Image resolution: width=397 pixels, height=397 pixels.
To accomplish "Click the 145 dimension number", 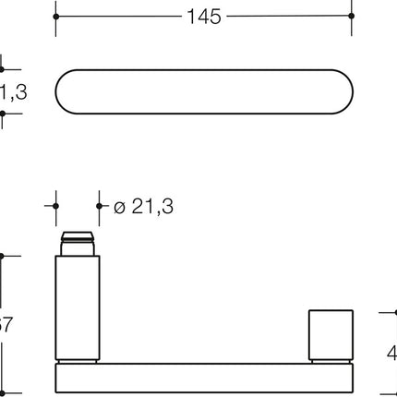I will pos(203,17).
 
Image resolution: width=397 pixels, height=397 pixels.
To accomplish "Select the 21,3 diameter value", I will pos(152,207).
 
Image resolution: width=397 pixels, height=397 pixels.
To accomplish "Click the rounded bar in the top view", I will pos(203,90).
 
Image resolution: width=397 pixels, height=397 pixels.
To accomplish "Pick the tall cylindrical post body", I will pos(77,308).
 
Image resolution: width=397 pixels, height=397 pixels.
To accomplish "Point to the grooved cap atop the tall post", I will pos(77,245).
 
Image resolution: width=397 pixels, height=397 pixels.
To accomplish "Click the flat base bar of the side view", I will pos(203,378).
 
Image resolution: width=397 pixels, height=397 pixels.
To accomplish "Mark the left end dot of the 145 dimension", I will pos(55,17).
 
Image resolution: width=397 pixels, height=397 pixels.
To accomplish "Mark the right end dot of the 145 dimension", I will pos(353,17).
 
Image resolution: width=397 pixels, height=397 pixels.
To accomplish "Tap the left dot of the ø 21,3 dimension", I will pos(55,207).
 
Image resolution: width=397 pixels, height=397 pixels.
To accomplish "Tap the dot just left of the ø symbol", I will pos(99,207).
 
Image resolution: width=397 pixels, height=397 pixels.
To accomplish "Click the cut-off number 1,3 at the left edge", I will pos(11,90).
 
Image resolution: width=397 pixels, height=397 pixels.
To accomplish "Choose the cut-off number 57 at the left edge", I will pos(6,325).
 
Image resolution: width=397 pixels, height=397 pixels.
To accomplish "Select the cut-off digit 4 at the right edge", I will pos(391,353).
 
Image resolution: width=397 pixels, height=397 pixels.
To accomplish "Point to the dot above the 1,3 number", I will pos(2,68).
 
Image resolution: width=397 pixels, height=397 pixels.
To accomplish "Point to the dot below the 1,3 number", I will pos(2,113).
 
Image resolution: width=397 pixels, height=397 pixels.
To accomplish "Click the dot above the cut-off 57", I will pos(2,257).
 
